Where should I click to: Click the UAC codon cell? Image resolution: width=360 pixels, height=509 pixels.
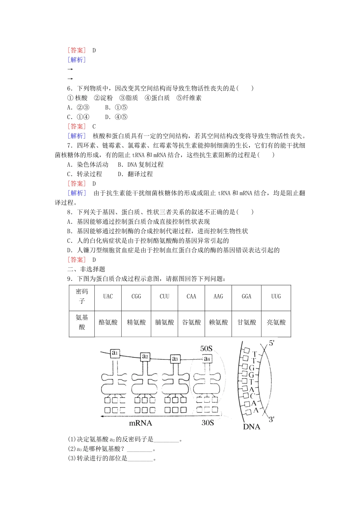tap(108, 297)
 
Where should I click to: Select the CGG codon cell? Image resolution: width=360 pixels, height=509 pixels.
tap(136, 297)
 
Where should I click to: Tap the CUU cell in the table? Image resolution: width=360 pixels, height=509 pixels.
tap(164, 297)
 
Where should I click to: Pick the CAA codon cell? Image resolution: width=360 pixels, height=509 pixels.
tap(191, 297)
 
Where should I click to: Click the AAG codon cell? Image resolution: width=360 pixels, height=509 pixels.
tap(218, 297)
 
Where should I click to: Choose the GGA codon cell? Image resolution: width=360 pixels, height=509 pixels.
tap(247, 297)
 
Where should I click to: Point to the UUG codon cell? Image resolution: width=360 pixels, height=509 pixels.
tap(276, 297)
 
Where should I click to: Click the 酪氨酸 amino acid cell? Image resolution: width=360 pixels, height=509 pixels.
tap(108, 322)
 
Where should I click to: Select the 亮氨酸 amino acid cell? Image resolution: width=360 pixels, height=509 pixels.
tap(276, 322)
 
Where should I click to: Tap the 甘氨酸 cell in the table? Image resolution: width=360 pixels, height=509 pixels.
tap(247, 322)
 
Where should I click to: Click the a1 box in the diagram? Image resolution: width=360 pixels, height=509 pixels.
tap(115, 353)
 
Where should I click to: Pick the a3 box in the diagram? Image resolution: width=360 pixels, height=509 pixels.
tap(175, 358)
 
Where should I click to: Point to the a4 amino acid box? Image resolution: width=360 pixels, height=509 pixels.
tap(207, 358)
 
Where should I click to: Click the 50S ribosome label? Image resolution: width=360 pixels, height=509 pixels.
tap(207, 348)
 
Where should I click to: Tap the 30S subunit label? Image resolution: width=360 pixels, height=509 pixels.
tap(208, 423)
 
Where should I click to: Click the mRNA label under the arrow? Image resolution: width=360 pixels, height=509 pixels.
tap(141, 423)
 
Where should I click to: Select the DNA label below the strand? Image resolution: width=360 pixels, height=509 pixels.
tap(251, 427)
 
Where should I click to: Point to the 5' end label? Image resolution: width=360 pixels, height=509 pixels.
tap(272, 343)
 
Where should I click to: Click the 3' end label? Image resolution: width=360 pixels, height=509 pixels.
tap(272, 419)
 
